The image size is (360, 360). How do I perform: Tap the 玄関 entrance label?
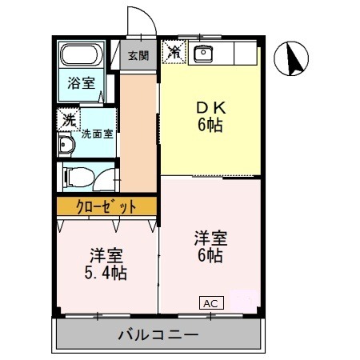tap(138, 55)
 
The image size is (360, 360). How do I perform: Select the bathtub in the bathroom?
tap(80, 58)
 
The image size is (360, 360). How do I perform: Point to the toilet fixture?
tap(77, 175)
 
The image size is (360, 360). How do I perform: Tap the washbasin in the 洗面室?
tap(65, 146)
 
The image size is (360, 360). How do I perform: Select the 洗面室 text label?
tap(97, 134)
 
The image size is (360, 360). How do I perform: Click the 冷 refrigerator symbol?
tap(173, 53)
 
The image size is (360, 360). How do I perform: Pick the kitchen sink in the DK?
tap(203, 54)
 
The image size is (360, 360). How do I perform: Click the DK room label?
tap(211, 108)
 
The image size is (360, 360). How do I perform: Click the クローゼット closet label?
tap(106, 206)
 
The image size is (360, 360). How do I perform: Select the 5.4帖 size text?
tap(106, 273)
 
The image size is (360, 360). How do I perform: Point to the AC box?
tap(211, 303)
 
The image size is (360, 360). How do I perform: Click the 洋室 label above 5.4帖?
tap(106, 255)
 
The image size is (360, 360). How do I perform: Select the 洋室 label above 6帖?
tap(211, 238)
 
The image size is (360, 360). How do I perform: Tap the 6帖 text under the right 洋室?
tap(211, 257)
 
